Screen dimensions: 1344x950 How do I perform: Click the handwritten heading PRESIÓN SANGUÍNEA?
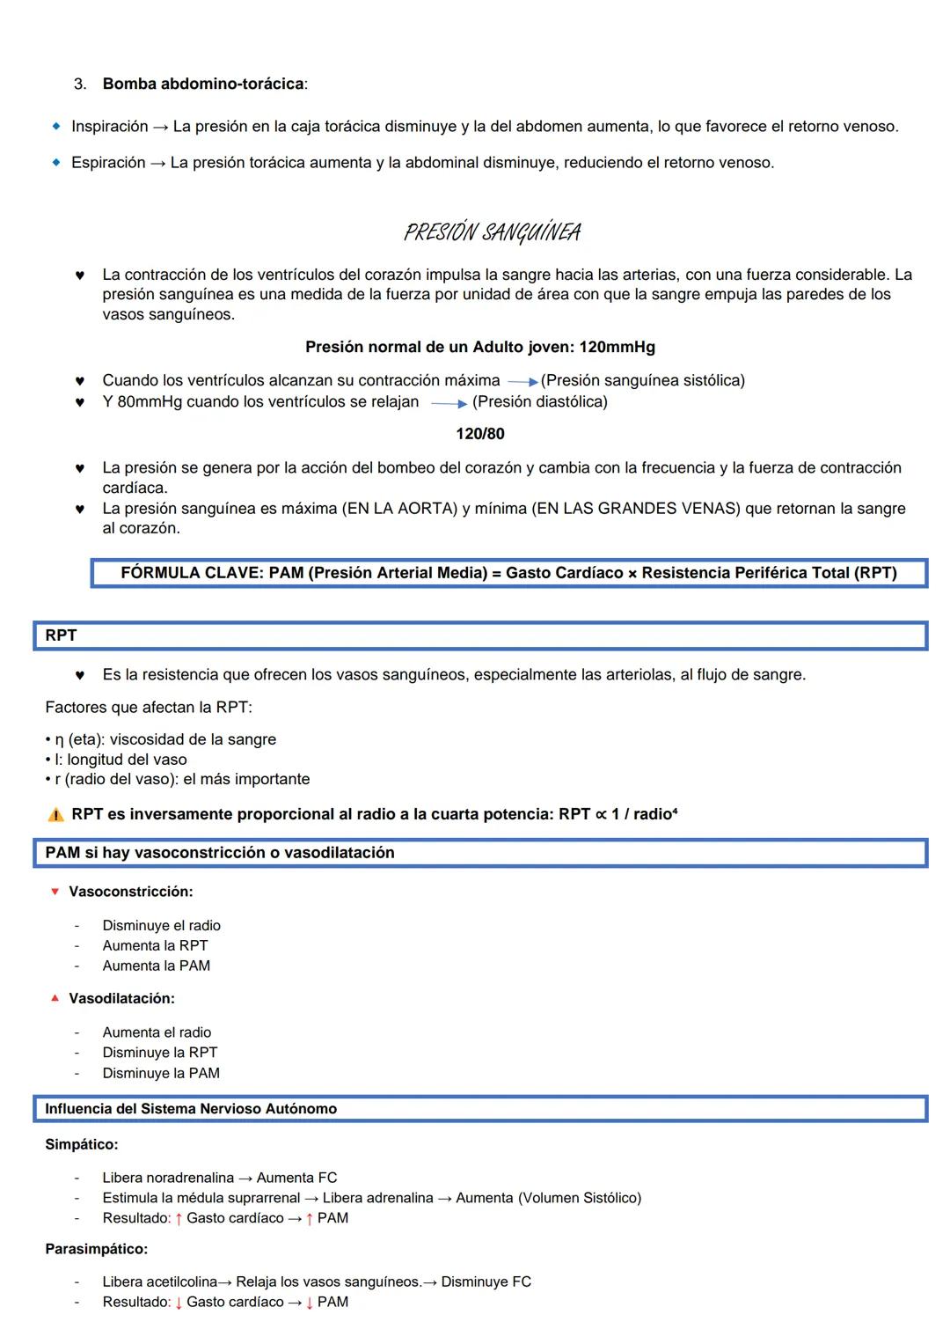click(x=492, y=232)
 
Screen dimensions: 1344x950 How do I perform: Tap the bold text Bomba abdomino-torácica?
click(x=203, y=84)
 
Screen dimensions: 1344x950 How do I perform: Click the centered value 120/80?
click(x=480, y=434)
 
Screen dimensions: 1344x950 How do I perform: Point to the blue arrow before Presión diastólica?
click(x=449, y=404)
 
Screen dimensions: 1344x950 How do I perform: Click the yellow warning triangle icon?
click(x=55, y=815)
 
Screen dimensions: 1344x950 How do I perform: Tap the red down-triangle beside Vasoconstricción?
click(x=55, y=892)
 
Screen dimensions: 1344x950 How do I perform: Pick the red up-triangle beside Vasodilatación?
click(x=55, y=998)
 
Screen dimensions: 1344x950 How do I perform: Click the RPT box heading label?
click(x=61, y=635)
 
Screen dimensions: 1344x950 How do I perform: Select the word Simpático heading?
click(x=81, y=1144)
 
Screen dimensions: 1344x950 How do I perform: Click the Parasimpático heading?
click(x=96, y=1249)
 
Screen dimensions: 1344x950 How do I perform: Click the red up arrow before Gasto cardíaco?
click(x=179, y=1218)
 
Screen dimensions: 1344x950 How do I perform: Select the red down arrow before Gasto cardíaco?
click(x=179, y=1303)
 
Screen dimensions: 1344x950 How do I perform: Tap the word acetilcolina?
click(x=182, y=1282)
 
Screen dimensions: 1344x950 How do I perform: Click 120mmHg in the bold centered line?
click(x=617, y=348)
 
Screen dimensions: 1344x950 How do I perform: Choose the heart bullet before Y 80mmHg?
click(x=79, y=402)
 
